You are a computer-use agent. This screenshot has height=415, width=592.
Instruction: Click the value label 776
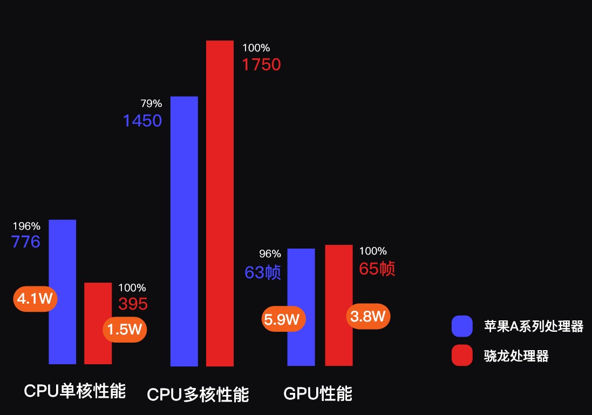(x=26, y=242)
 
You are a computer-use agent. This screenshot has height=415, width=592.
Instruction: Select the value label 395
(x=133, y=304)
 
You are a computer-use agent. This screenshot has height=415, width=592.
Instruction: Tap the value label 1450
(x=142, y=121)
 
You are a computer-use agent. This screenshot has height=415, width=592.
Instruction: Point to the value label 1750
(x=261, y=65)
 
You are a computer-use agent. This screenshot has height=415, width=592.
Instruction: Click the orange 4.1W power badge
(x=35, y=298)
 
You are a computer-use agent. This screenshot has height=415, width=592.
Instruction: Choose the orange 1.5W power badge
(x=125, y=329)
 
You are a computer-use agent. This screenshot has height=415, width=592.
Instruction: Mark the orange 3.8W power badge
(x=368, y=316)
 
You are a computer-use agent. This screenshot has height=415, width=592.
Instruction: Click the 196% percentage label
(x=26, y=226)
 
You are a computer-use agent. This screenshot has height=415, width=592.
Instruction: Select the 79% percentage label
(x=151, y=104)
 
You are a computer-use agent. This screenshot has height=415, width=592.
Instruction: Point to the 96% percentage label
(x=270, y=253)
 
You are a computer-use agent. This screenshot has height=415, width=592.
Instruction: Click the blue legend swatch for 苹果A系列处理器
(x=462, y=326)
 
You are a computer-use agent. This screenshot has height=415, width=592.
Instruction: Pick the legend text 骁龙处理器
(x=516, y=356)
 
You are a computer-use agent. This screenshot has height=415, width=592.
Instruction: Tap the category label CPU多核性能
(x=198, y=394)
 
